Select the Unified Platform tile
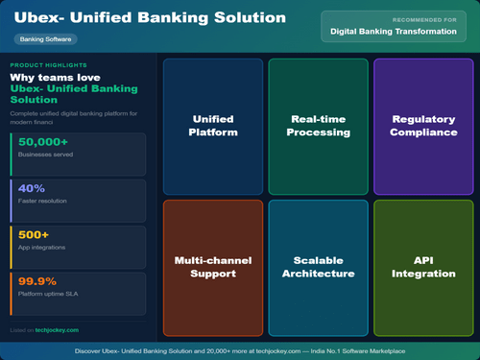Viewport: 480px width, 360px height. pyautogui.click(x=212, y=126)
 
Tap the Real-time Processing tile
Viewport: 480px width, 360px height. pyautogui.click(x=318, y=126)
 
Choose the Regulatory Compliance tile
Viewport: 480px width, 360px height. pyautogui.click(x=423, y=126)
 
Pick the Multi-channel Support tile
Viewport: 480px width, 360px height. pyautogui.click(x=212, y=267)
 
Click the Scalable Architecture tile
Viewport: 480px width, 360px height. pyautogui.click(x=318, y=267)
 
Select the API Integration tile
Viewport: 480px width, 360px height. pyautogui.click(x=423, y=267)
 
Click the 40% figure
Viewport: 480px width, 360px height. pyautogui.click(x=32, y=188)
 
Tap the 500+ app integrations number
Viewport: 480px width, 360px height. pyautogui.click(x=36, y=234)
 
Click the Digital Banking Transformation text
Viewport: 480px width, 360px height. pyautogui.click(x=393, y=32)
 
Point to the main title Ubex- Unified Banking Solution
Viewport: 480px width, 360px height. pyautogui.click(x=150, y=18)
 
